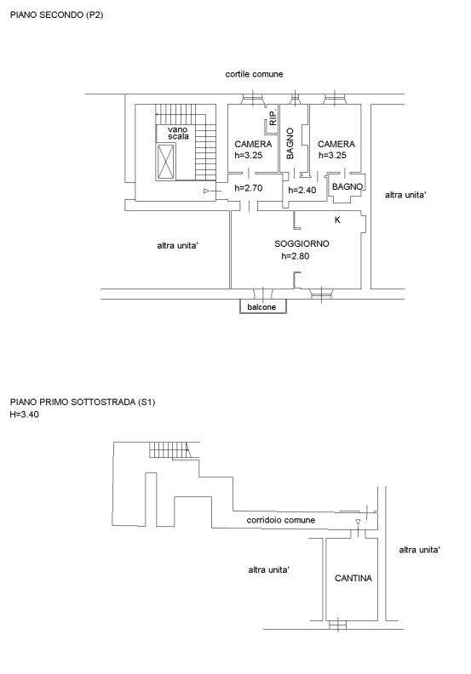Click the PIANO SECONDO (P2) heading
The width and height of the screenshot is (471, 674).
pos(56,15)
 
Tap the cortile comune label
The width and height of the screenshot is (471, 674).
pos(254,74)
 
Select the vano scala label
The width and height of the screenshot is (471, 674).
pos(178,133)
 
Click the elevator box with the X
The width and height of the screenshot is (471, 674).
pos(165,162)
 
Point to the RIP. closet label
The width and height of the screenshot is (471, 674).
pos(273,117)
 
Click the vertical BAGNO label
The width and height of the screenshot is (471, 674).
pos(290,143)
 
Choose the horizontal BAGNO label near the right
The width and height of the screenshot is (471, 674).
pos(348,187)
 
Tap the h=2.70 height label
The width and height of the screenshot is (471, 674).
pos(248,188)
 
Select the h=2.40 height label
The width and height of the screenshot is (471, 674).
pos(302,190)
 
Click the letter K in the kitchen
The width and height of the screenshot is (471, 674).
pos(337,220)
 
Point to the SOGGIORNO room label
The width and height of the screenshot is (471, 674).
pos(302,243)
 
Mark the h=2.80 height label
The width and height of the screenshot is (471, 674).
pos(295,256)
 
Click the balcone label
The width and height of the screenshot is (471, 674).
pos(261,307)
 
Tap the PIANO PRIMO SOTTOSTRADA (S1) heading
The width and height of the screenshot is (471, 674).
pos(83,403)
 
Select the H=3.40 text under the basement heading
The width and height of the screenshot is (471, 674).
pos(24,414)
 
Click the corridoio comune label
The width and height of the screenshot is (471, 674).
pos(281,520)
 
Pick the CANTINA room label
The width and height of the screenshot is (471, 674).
pos(353,578)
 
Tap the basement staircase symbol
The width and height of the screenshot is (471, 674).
pos(169,450)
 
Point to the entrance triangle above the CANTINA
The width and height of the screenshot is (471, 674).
pos(358,522)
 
